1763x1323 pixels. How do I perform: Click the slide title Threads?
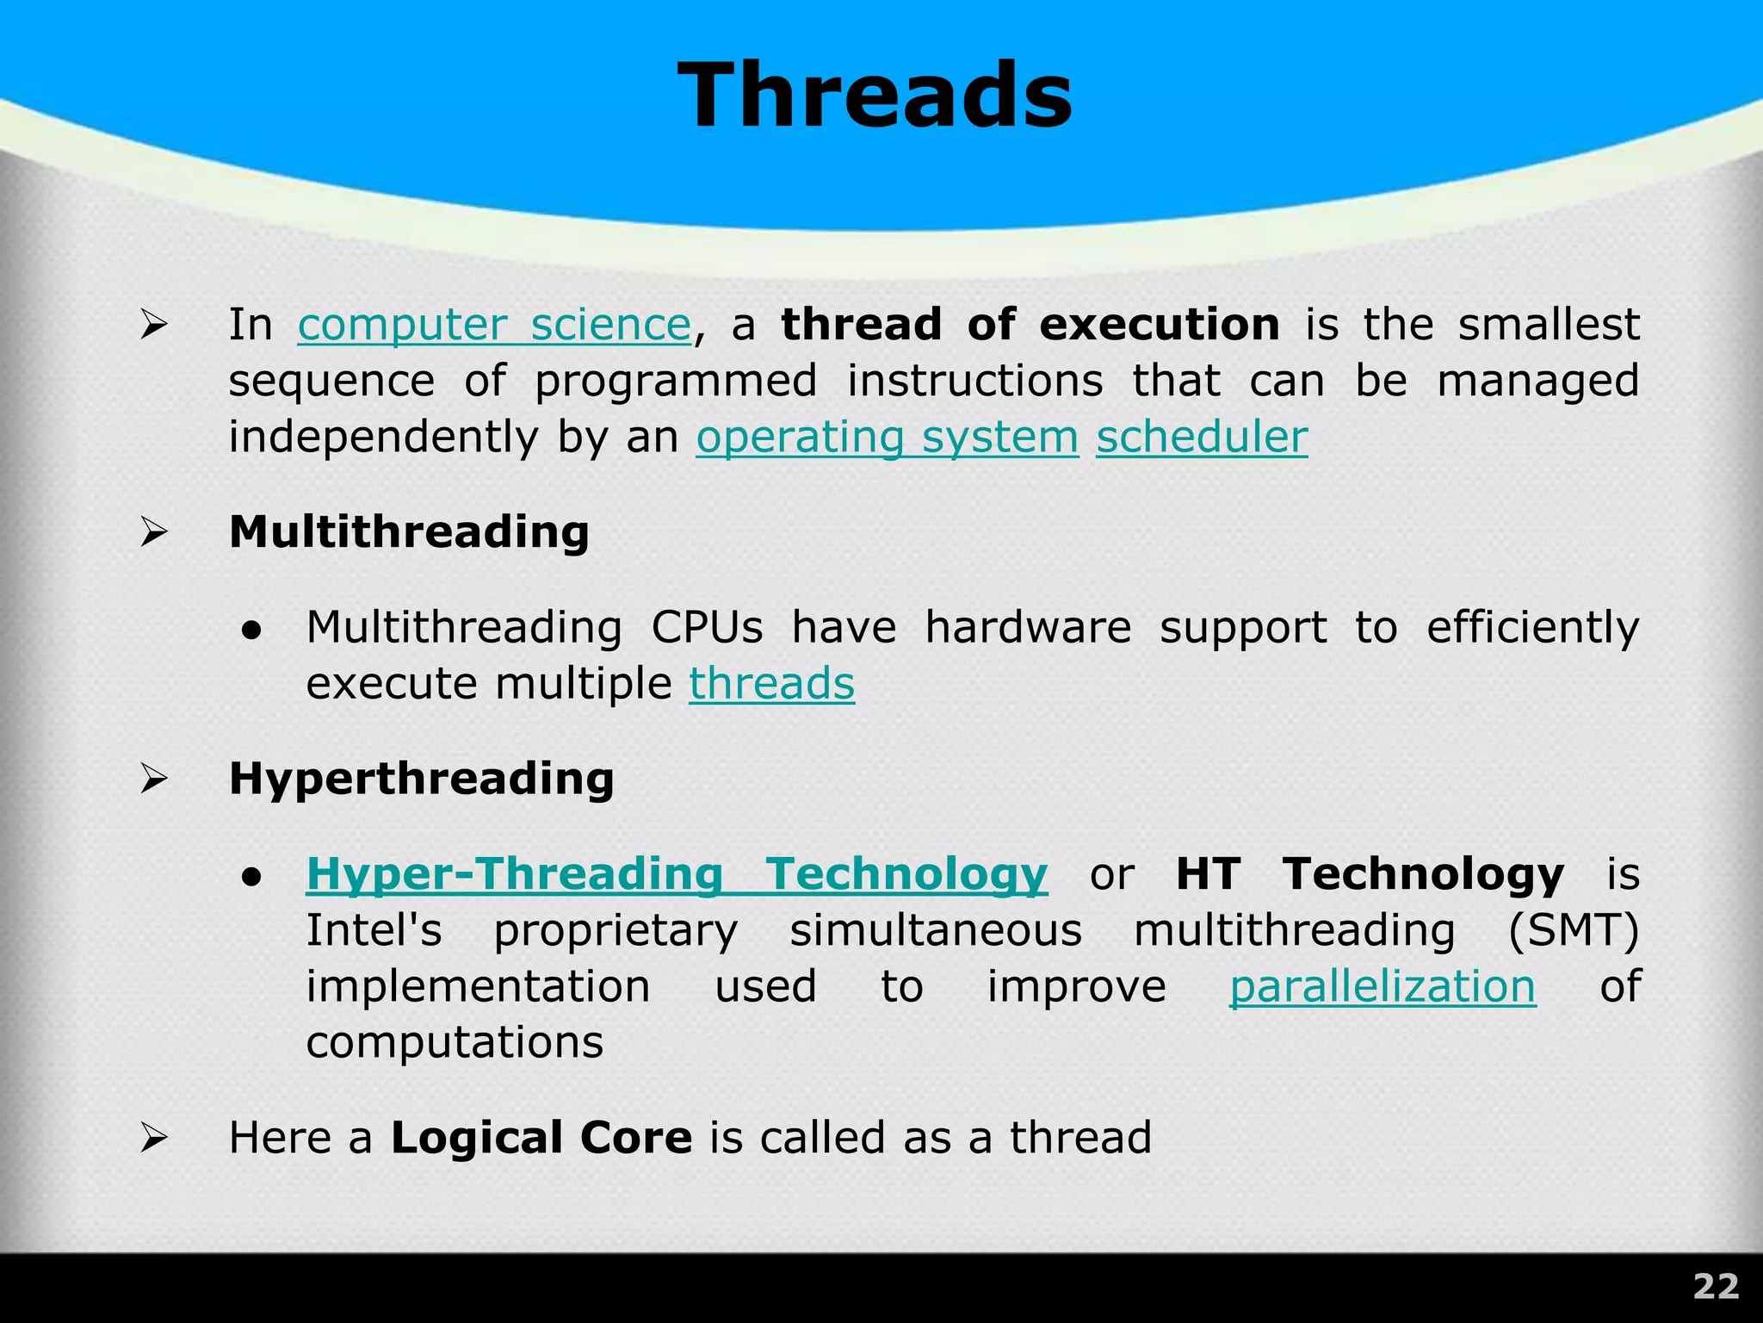click(x=875, y=96)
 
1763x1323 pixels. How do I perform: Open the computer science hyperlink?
click(x=494, y=326)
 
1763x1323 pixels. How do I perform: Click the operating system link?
click(x=887, y=438)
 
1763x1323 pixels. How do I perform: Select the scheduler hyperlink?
click(x=1202, y=438)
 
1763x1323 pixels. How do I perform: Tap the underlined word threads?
click(x=771, y=684)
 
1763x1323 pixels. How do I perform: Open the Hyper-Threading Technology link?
click(x=677, y=874)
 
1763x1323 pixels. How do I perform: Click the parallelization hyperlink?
click(x=1382, y=987)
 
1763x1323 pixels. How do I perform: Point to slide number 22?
click(x=1716, y=1287)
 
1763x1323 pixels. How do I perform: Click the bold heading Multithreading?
click(x=409, y=532)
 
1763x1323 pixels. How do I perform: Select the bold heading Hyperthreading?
click(x=421, y=780)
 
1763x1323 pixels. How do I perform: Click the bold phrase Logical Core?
click(x=541, y=1138)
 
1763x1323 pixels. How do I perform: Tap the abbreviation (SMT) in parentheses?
click(x=1574, y=931)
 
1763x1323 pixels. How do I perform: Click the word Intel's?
click(x=374, y=931)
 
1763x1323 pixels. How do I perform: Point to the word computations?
click(x=455, y=1043)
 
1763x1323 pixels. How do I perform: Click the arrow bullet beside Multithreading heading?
click(x=153, y=533)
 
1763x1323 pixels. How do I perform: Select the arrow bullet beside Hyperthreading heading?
click(x=153, y=780)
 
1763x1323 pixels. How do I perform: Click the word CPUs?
click(x=706, y=628)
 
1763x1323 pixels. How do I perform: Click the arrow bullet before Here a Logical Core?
click(x=153, y=1139)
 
